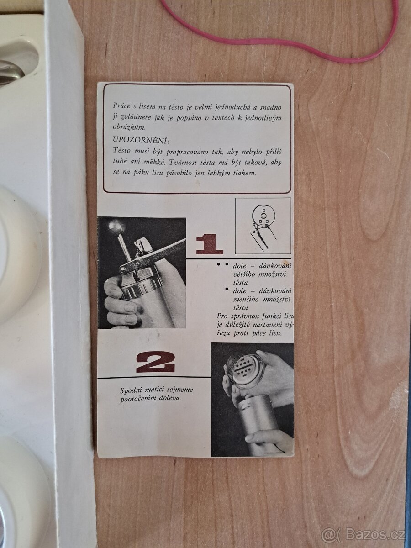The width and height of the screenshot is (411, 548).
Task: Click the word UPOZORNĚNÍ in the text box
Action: point(141,140)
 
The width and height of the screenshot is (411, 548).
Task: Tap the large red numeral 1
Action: point(209,244)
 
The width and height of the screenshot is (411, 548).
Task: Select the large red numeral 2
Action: point(155,362)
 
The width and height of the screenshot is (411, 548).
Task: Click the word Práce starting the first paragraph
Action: point(121,106)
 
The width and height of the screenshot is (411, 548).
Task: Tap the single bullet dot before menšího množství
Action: point(227,290)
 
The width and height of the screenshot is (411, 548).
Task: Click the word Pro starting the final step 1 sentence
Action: point(222,316)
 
